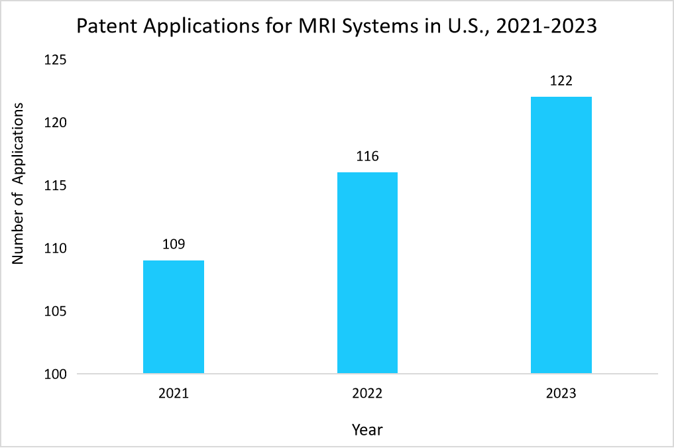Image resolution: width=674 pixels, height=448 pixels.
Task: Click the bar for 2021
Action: [174, 317]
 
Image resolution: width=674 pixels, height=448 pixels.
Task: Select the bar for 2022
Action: [367, 273]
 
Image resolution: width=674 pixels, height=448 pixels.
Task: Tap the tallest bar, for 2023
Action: [561, 235]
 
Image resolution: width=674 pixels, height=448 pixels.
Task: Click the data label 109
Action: [174, 245]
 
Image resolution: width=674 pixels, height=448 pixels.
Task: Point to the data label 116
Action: [367, 157]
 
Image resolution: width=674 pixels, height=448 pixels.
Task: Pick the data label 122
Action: [561, 82]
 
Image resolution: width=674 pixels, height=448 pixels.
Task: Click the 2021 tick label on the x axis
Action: [174, 394]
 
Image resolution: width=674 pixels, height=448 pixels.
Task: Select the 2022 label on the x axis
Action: [367, 394]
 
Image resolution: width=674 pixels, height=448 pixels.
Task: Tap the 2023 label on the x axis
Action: [561, 394]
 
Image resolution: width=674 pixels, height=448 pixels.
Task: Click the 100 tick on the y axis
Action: [56, 374]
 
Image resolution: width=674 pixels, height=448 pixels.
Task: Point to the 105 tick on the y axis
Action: [56, 311]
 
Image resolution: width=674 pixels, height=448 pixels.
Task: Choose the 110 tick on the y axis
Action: [56, 249]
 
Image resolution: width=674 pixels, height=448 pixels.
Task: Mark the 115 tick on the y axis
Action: [56, 186]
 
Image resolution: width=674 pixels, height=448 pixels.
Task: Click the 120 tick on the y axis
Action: [56, 123]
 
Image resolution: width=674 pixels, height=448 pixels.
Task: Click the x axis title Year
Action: [367, 430]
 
